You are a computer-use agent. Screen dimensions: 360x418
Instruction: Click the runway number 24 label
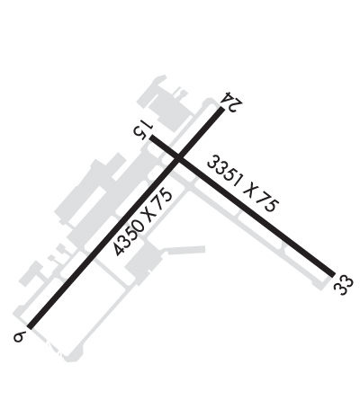tap(231, 102)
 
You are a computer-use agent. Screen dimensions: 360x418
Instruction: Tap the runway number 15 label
tap(143, 129)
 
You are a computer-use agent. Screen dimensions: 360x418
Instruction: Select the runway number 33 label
tap(344, 285)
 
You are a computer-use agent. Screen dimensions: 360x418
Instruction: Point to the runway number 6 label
tap(19, 337)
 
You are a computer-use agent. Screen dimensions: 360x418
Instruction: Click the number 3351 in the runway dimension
tap(225, 170)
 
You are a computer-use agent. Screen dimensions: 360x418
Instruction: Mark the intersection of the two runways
tap(179, 157)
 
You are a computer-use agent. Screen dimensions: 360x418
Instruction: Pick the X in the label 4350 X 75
tap(153, 211)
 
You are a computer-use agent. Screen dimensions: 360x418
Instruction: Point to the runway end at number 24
tap(222, 109)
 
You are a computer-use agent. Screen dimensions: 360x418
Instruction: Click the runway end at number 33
tap(333, 274)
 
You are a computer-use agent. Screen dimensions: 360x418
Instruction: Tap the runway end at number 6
tap(30, 326)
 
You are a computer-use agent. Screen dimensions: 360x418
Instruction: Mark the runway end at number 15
tap(152, 138)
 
